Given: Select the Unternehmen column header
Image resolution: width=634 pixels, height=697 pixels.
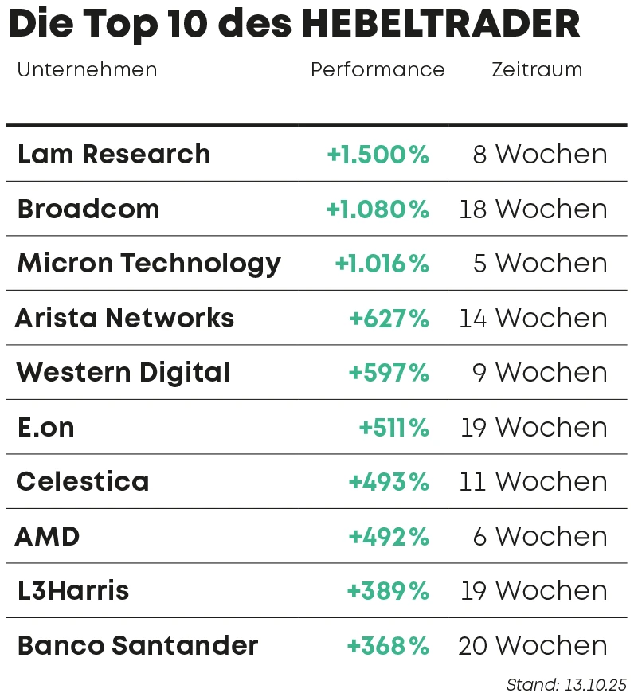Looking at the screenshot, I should click(87, 70).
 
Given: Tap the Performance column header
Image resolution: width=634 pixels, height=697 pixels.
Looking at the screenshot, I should click(378, 70).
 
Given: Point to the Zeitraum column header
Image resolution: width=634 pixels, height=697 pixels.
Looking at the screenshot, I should click(537, 70).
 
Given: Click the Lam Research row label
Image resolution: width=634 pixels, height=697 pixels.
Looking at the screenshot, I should click(114, 154).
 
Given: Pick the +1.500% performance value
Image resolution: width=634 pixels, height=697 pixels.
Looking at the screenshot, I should click(378, 155).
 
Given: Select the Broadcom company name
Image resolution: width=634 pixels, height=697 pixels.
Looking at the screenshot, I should click(88, 209).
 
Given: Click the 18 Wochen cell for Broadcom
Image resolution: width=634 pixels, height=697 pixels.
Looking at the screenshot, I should click(533, 209).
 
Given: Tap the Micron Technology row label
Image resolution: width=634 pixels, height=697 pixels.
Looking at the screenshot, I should click(149, 264).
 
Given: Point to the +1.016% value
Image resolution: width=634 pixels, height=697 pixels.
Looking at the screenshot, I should click(382, 264).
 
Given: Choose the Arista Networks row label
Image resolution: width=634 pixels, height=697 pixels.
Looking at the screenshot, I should click(125, 319).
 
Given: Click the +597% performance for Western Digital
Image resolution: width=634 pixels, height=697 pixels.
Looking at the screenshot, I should click(389, 373).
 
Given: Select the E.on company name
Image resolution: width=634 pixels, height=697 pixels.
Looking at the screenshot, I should click(46, 428).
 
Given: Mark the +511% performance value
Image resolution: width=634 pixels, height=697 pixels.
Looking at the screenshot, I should click(393, 428).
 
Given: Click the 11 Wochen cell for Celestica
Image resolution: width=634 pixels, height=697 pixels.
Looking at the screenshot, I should click(533, 482).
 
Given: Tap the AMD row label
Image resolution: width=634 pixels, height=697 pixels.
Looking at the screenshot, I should click(48, 537).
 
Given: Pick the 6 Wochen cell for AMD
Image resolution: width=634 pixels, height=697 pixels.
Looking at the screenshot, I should click(540, 537).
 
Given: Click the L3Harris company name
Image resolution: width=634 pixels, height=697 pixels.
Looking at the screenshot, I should click(73, 591).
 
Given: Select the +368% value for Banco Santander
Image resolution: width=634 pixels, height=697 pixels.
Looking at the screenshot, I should click(388, 646).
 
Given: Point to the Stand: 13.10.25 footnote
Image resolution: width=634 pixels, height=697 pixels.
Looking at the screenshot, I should click(566, 684).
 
